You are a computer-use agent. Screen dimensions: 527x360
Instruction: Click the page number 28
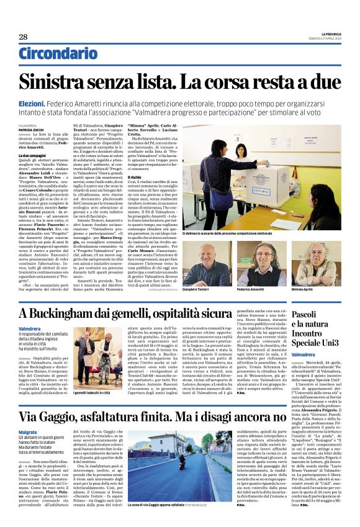23,37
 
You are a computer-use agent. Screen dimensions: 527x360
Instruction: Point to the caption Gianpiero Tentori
200,289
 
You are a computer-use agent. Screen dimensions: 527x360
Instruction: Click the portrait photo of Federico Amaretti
266,264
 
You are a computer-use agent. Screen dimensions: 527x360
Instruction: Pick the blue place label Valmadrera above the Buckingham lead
30,328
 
